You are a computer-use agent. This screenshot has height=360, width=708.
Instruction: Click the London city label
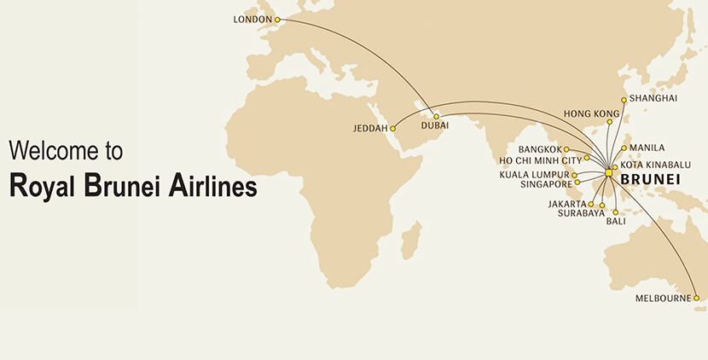[252, 19]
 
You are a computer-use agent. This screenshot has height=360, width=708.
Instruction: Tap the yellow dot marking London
[276, 19]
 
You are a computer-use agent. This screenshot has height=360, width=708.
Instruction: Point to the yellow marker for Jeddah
[393, 128]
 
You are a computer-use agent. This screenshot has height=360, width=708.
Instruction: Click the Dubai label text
[434, 125]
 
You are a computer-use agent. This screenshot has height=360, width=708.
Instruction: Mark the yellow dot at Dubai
[436, 116]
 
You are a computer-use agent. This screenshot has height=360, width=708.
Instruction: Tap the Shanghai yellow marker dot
[624, 100]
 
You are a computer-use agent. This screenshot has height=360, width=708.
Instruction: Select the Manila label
[647, 148]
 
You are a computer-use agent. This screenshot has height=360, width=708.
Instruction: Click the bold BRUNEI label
[650, 179]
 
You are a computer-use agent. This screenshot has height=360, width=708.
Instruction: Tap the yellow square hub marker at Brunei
[608, 173]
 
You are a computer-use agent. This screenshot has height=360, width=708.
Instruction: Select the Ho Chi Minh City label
[540, 160]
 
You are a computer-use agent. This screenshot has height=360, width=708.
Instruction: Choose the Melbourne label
[663, 299]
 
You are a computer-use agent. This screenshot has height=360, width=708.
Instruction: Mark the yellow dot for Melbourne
[696, 298]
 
